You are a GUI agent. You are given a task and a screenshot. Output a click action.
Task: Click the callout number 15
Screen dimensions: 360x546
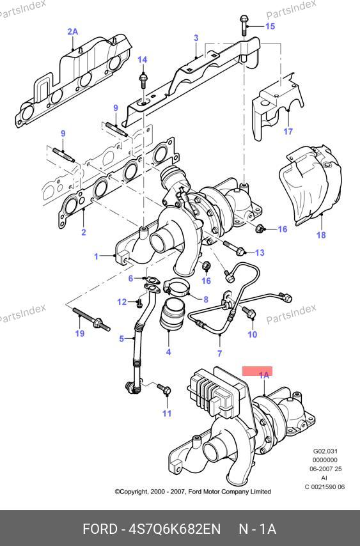(x=270, y=26)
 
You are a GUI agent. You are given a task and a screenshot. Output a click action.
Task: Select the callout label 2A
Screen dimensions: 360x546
(x=73, y=32)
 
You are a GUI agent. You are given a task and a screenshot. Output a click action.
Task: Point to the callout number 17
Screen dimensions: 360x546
(x=288, y=131)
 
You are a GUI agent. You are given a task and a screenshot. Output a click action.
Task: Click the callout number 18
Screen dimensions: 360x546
(x=321, y=235)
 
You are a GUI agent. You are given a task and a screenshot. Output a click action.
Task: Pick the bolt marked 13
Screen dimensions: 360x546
(x=233, y=247)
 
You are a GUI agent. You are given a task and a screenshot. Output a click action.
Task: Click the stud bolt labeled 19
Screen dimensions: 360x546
(x=92, y=319)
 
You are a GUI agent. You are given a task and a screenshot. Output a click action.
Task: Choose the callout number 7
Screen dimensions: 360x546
(x=219, y=354)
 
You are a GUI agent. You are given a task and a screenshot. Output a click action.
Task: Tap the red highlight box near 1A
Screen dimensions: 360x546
(x=257, y=371)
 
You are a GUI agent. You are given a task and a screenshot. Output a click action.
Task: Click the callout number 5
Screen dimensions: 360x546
(x=121, y=338)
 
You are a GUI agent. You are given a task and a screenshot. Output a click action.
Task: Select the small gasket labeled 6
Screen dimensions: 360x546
(x=151, y=279)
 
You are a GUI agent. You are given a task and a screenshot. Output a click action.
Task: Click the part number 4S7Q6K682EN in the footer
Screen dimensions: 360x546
(x=175, y=529)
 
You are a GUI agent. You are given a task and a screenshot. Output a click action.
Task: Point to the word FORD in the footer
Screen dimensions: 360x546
(x=100, y=529)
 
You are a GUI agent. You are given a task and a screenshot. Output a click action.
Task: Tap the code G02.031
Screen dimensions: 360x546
(x=325, y=451)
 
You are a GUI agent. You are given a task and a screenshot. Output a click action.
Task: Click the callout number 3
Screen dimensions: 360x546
(x=196, y=38)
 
